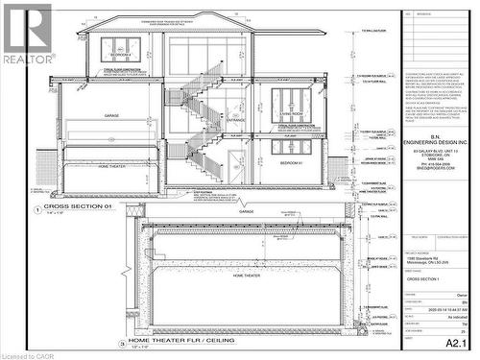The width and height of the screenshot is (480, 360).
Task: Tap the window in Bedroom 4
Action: click(x=120, y=48)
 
